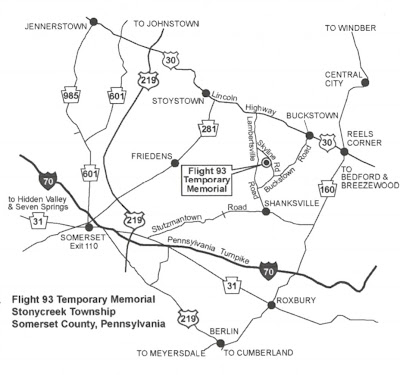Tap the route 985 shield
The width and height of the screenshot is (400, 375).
67,97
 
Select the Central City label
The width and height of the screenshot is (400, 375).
343,80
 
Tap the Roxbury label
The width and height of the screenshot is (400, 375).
301,296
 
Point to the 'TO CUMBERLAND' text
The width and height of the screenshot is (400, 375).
258,352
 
